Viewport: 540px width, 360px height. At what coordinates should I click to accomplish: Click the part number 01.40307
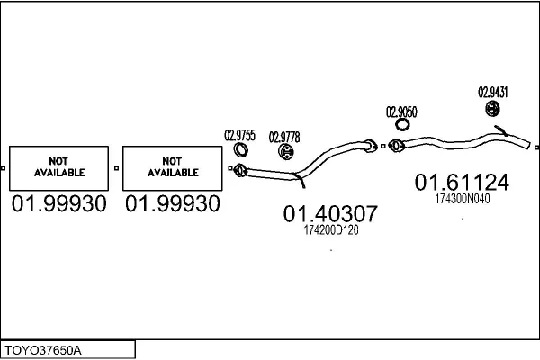(x=330, y=214)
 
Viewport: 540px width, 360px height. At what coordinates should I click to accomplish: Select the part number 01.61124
(x=462, y=183)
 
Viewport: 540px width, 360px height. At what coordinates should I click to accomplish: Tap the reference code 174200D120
(x=330, y=231)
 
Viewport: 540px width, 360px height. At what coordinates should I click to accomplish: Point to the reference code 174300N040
(x=463, y=199)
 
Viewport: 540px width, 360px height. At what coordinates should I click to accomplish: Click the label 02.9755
(x=240, y=136)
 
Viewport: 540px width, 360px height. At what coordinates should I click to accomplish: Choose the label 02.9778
(x=284, y=136)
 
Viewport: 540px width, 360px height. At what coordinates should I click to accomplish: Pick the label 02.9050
(x=401, y=112)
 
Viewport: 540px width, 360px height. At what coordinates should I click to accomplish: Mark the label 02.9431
(x=492, y=92)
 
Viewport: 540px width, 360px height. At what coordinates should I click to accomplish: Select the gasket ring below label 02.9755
(x=240, y=150)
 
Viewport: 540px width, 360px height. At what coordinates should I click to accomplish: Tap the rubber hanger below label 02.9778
(x=284, y=152)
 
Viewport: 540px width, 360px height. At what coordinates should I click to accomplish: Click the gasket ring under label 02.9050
(x=400, y=128)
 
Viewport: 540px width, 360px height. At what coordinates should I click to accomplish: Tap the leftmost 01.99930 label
(x=59, y=204)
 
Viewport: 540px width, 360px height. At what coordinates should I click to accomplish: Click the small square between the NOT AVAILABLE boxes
(x=115, y=167)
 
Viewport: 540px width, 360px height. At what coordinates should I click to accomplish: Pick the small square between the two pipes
(x=383, y=145)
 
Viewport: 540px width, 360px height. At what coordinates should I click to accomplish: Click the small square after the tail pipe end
(x=536, y=148)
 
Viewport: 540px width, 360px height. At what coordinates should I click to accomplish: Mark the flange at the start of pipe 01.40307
(x=240, y=168)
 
